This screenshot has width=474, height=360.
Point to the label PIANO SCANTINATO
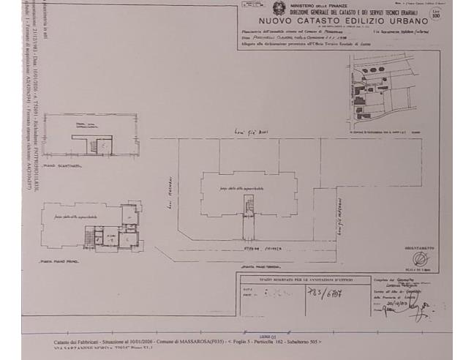pos(62,165)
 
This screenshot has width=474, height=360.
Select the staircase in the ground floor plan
pos(249,211)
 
